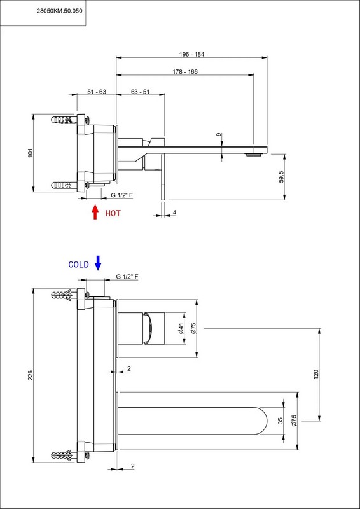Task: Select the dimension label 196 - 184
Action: coord(191,54)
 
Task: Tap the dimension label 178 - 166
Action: coord(185,72)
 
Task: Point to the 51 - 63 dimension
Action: coord(97,92)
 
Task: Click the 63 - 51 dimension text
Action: coord(140,92)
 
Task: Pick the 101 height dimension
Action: coord(30,153)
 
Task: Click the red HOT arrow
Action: coord(95,212)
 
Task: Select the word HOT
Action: coord(113,213)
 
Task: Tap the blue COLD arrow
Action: coord(98,263)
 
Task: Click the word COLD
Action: coord(79,265)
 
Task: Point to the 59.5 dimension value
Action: coord(281,177)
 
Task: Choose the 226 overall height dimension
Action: coord(30,375)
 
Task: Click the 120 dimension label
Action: coord(316,374)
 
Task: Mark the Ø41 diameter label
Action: coord(181,328)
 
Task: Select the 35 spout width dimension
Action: coord(280,421)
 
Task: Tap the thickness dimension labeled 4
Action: coord(174,213)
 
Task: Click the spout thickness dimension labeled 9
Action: coord(218,134)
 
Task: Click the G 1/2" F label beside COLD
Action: coord(127,277)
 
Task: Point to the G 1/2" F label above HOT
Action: coord(122,195)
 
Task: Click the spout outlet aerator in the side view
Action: coord(253,155)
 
